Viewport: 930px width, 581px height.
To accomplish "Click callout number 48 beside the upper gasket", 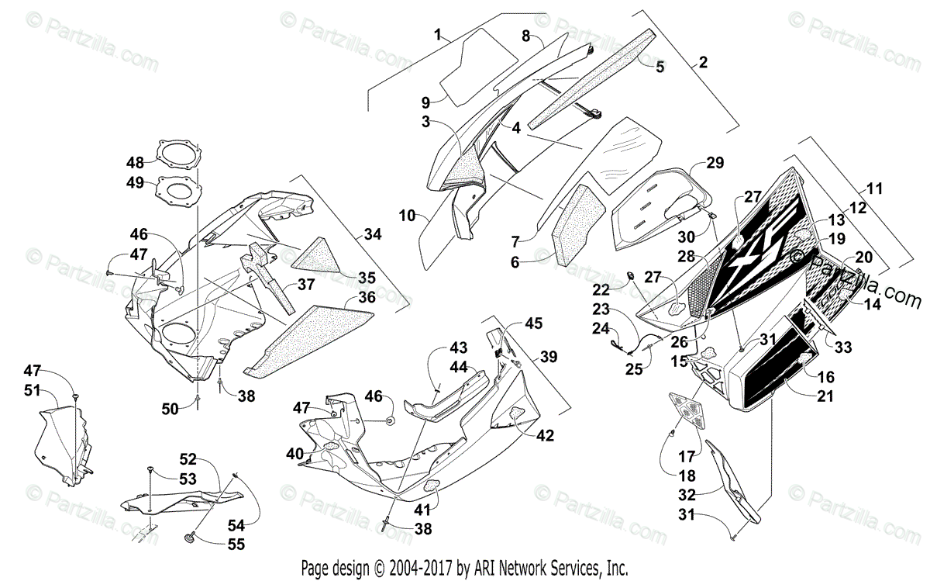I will point(136,163).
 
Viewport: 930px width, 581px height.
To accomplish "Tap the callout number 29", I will point(715,163).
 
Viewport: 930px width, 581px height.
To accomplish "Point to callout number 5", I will point(660,67).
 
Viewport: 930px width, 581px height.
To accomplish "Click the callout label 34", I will point(373,233).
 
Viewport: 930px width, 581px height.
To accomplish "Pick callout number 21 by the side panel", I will point(826,396).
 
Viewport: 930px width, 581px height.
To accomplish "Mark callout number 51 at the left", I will point(31,390).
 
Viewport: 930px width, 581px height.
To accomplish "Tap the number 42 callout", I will point(546,436).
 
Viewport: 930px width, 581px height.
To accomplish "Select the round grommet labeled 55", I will point(188,537).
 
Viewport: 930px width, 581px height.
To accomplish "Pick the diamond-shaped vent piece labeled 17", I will point(690,409).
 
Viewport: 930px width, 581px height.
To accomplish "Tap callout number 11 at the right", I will point(875,188).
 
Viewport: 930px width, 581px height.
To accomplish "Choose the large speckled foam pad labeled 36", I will point(310,337).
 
